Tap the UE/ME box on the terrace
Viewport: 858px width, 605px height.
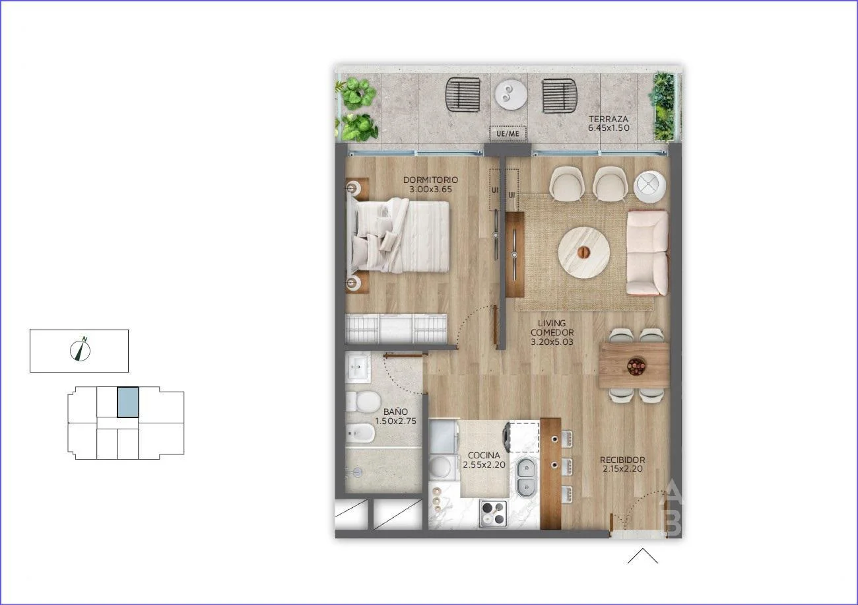click(508, 134)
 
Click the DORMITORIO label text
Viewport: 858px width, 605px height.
click(430, 180)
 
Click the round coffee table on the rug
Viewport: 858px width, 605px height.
click(583, 252)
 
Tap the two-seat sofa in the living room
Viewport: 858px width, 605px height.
click(647, 252)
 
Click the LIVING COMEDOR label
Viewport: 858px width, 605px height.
click(552, 332)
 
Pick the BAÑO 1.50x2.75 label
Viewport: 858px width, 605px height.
click(395, 416)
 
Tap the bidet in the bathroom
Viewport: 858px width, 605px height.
click(360, 433)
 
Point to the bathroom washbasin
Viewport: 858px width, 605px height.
click(358, 367)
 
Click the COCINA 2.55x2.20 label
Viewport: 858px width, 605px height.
click(484, 460)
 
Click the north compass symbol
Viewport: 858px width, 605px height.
click(80, 349)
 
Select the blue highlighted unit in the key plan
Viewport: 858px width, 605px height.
click(128, 402)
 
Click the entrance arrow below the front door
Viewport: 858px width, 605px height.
click(643, 555)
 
